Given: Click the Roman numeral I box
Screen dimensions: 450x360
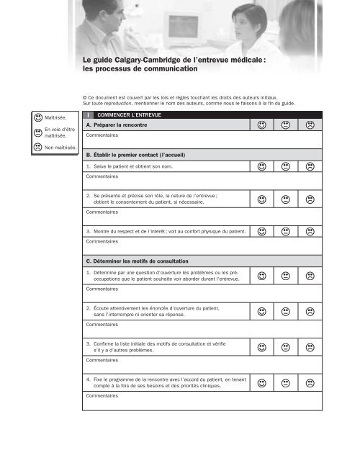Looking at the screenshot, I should pos(87,114).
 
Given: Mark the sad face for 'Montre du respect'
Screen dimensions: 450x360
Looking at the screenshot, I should pos(309,232).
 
